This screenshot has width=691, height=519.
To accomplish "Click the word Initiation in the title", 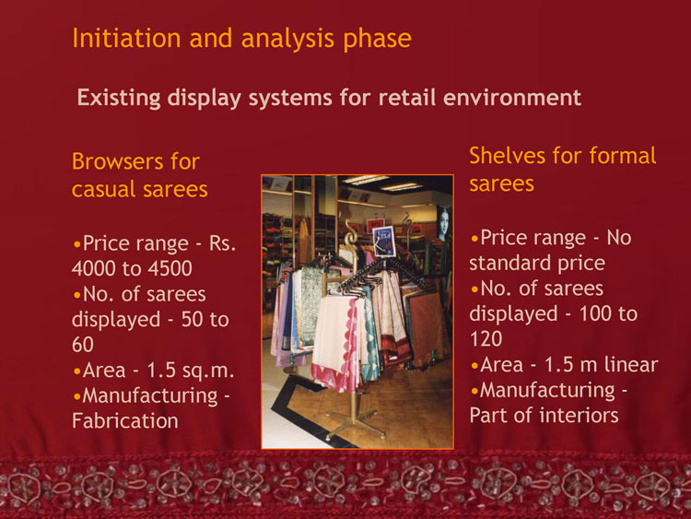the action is tap(126, 38).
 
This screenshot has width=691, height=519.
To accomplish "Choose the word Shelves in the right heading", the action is tap(508, 156).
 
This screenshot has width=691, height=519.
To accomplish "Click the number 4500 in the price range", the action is tap(170, 268).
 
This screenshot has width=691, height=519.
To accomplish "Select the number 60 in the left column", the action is tap(82, 345).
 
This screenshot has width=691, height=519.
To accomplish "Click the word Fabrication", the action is tap(125, 420).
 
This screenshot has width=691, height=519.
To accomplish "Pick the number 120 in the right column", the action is tap(486, 339).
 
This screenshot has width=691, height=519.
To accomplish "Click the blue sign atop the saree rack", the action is tap(383, 241).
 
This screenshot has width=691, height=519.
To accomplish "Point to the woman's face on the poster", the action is tap(443, 222).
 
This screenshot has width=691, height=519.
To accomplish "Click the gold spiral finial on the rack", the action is tap(351, 235).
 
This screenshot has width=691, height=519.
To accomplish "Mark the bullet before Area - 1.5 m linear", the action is tap(474, 366).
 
